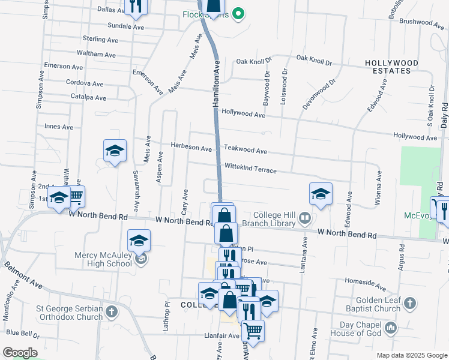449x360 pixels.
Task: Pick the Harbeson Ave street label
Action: point(191,147)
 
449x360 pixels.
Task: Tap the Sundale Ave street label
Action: point(125,27)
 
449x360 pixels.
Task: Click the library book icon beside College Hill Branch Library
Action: point(306,218)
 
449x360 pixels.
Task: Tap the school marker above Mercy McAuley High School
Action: point(139,241)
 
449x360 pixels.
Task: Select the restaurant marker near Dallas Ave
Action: point(136,6)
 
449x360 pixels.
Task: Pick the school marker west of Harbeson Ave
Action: point(115,151)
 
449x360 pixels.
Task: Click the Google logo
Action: point(19,353)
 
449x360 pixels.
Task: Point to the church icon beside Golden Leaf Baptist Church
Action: point(410,302)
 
